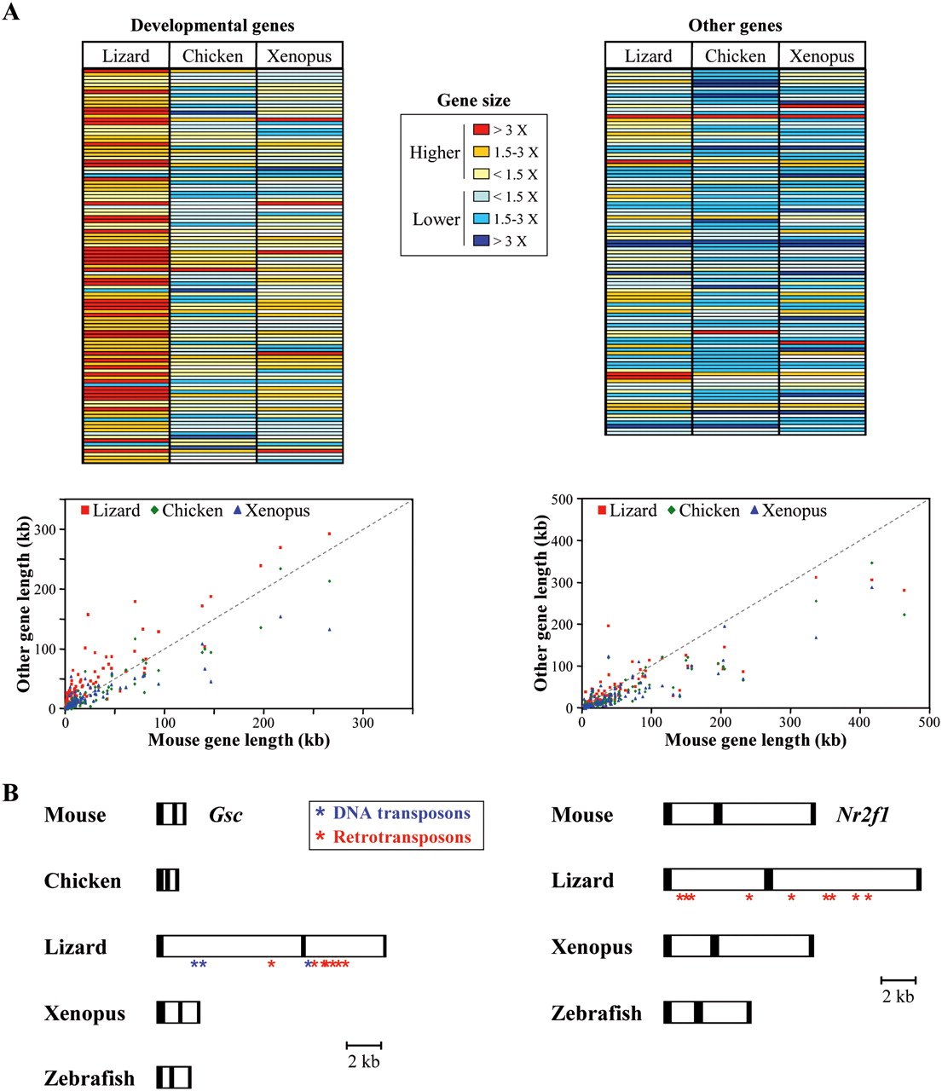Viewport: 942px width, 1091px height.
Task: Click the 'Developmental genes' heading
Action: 212,26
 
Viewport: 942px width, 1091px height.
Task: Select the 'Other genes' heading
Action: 735,26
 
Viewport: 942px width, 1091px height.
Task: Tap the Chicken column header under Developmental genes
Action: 212,56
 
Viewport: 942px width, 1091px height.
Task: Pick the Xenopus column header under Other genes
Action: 822,56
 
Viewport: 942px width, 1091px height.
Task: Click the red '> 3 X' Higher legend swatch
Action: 482,130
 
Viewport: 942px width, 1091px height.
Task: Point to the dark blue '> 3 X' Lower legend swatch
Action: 482,241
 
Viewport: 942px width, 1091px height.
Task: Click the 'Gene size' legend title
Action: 473,101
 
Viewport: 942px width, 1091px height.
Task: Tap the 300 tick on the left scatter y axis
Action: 45,529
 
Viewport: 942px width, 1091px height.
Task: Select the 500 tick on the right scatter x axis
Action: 928,723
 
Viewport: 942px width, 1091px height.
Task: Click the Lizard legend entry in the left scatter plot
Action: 111,511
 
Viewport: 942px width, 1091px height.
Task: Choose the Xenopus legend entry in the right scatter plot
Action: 789,511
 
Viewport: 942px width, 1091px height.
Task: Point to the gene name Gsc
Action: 226,815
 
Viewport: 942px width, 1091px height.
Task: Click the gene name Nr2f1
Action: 863,815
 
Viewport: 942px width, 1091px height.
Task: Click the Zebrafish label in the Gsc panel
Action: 90,1078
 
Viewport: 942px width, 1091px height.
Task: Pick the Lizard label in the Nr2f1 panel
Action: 582,880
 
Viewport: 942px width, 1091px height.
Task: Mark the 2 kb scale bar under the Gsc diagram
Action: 364,1045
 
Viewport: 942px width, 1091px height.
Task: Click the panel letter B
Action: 11,794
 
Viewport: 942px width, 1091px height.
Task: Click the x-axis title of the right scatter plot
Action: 755,740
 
